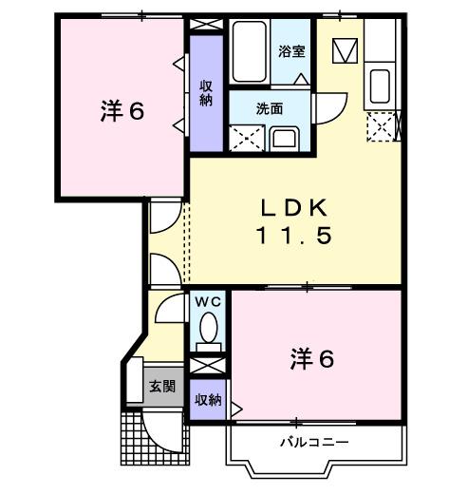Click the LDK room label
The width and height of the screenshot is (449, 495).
pyautogui.click(x=294, y=207)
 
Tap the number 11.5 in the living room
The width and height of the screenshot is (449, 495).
pyautogui.click(x=294, y=237)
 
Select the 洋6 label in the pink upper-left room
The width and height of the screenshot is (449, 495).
pyautogui.click(x=122, y=111)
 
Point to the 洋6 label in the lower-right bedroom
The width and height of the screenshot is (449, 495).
pyautogui.click(x=310, y=359)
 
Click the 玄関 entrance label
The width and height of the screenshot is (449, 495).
pyautogui.click(x=161, y=387)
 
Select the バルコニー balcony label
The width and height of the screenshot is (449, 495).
pyautogui.click(x=314, y=442)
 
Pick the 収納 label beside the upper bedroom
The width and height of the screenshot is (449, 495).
pyautogui.click(x=205, y=92)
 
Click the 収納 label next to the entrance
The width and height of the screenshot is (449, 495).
pyautogui.click(x=209, y=400)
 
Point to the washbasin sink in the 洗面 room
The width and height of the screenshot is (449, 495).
pyautogui.click(x=285, y=138)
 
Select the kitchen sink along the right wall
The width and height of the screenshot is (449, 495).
pyautogui.click(x=382, y=85)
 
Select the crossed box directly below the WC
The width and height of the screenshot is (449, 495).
pyautogui.click(x=207, y=364)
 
